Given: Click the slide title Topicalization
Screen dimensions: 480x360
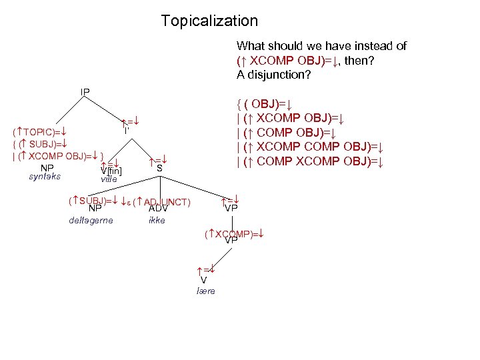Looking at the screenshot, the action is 209,21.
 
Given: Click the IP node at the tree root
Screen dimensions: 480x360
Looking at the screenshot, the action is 85,91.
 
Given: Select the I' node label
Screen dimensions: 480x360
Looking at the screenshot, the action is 126,131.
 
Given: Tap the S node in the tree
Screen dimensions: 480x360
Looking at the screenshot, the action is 159,169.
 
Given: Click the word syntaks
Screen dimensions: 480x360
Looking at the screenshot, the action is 45,177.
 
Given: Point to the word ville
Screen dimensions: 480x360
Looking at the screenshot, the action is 109,179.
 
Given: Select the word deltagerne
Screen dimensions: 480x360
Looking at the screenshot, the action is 91,221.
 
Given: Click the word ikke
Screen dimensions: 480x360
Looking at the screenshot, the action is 157,221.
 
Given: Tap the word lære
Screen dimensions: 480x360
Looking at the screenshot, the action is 206,291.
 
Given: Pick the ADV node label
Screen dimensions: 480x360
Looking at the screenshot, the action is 158,209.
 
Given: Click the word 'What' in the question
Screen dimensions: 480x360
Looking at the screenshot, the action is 250,46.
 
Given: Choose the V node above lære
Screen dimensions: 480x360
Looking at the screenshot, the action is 203,281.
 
